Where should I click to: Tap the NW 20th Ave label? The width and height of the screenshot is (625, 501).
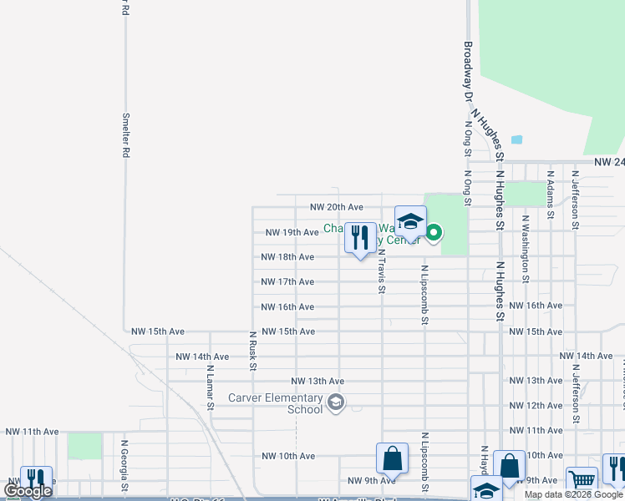pos(336,207)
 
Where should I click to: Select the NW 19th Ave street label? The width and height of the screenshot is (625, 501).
pos(292,232)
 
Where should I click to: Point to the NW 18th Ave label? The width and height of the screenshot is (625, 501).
pos(287,257)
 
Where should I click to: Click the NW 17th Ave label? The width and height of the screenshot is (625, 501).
pos(287,282)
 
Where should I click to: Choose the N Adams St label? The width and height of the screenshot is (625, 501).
pos(550,195)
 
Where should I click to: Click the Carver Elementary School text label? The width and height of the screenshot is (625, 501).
pos(275,404)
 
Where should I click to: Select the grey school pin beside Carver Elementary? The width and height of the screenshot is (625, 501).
pos(336,404)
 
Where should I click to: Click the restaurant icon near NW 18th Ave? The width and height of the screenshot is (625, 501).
pos(360,238)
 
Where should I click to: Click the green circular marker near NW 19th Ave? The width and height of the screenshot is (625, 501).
pos(434,233)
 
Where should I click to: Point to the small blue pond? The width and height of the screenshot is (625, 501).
pos(516,139)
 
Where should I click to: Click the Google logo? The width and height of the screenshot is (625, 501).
pos(28,491)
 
